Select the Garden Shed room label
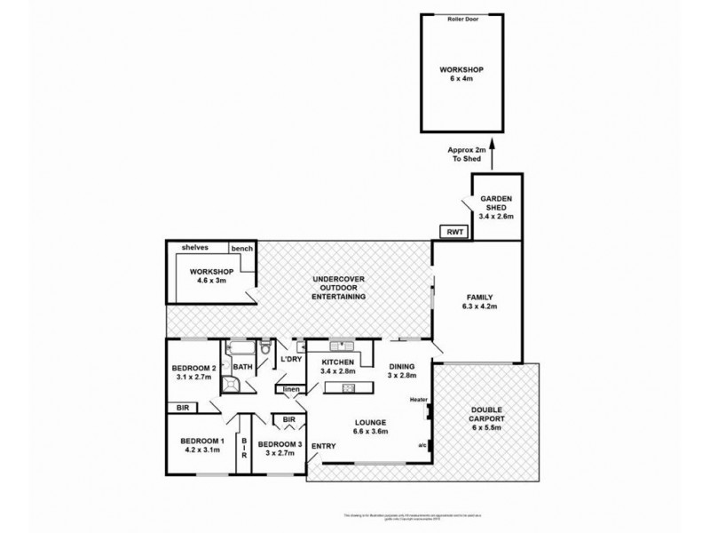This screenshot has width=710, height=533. (496, 206)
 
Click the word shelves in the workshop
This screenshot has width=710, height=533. (194, 248)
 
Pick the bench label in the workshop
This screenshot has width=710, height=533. (241, 249)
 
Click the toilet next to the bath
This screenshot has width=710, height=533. (264, 373)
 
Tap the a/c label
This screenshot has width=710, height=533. (421, 445)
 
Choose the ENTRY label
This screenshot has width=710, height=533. (324, 446)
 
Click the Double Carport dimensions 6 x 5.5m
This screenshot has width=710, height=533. (485, 428)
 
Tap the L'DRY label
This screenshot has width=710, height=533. (292, 360)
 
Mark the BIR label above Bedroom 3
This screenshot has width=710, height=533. (288, 419)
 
